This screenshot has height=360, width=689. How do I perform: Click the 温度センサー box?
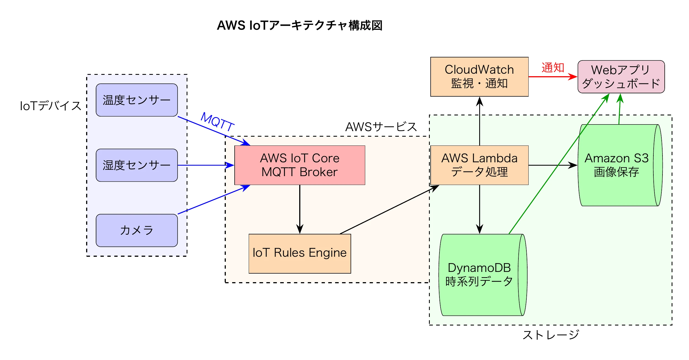(x=137, y=100)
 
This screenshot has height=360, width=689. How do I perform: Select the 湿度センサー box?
(x=137, y=165)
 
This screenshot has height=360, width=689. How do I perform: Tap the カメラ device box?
(x=137, y=230)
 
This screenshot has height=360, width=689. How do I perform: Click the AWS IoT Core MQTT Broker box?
(x=300, y=165)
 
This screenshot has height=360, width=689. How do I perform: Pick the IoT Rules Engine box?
(x=300, y=253)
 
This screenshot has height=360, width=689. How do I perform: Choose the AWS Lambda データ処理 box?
(x=479, y=165)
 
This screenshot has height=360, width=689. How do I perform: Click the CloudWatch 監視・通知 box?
(x=479, y=77)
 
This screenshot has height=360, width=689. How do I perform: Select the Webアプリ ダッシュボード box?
(x=621, y=77)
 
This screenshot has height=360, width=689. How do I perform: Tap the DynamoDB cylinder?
(x=479, y=275)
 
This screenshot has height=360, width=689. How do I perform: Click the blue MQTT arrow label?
(x=218, y=121)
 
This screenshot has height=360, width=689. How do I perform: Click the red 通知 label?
(x=553, y=68)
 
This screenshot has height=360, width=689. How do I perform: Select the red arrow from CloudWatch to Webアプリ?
(x=552, y=77)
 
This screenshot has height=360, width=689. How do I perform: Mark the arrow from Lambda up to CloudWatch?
(x=479, y=121)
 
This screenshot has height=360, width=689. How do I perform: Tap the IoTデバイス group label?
(x=51, y=106)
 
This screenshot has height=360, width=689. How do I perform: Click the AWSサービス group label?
(x=381, y=127)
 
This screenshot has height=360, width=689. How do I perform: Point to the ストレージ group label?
(x=551, y=335)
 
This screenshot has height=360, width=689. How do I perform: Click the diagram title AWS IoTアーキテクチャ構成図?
(x=300, y=25)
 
